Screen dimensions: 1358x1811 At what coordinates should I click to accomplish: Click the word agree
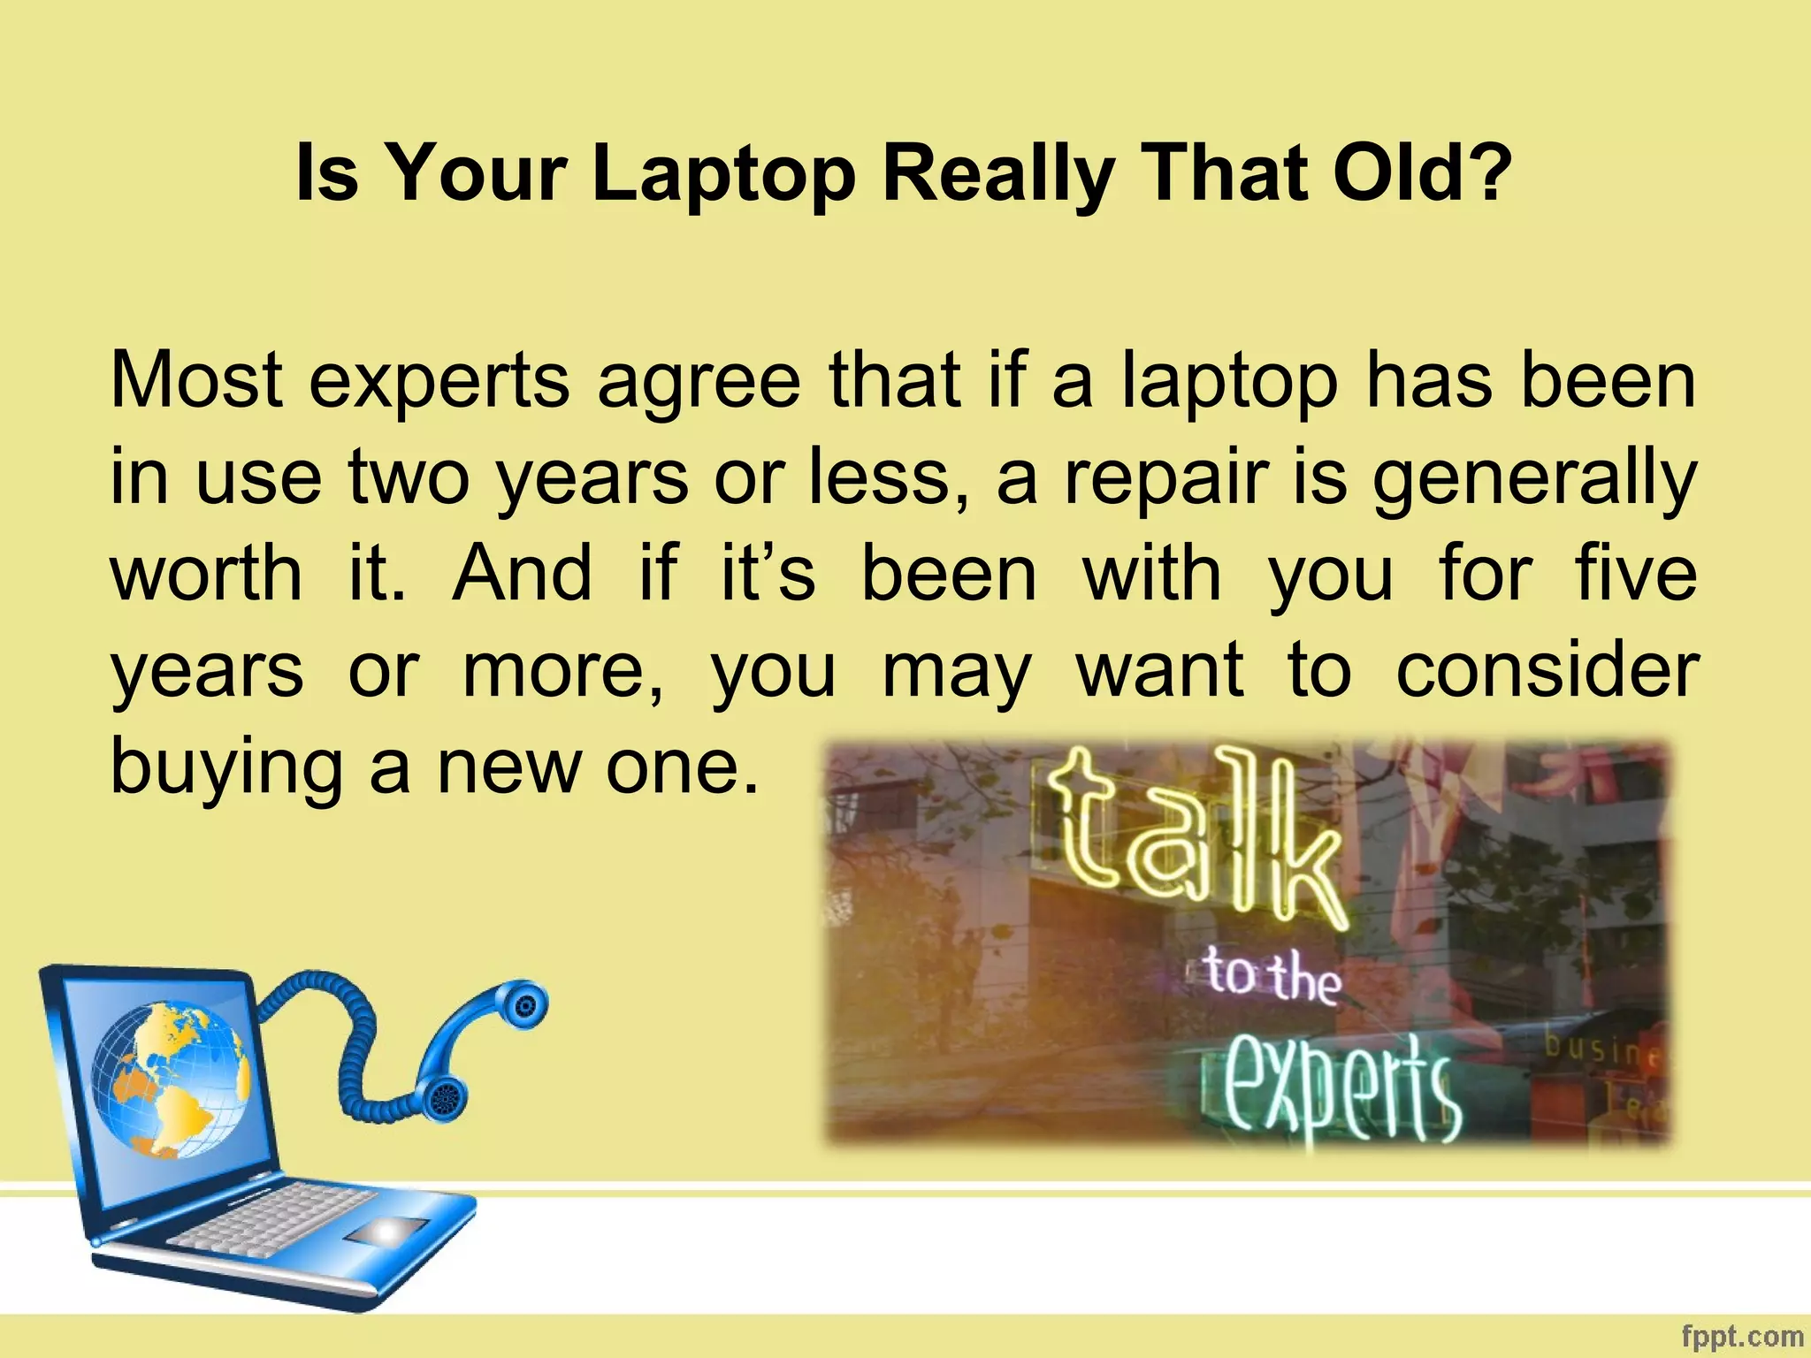699,382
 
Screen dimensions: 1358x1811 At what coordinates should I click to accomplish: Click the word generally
1534,479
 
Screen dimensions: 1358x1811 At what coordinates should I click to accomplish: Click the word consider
1547,670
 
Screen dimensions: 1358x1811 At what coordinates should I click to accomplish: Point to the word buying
225,767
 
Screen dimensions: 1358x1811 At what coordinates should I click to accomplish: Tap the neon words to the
1272,977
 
